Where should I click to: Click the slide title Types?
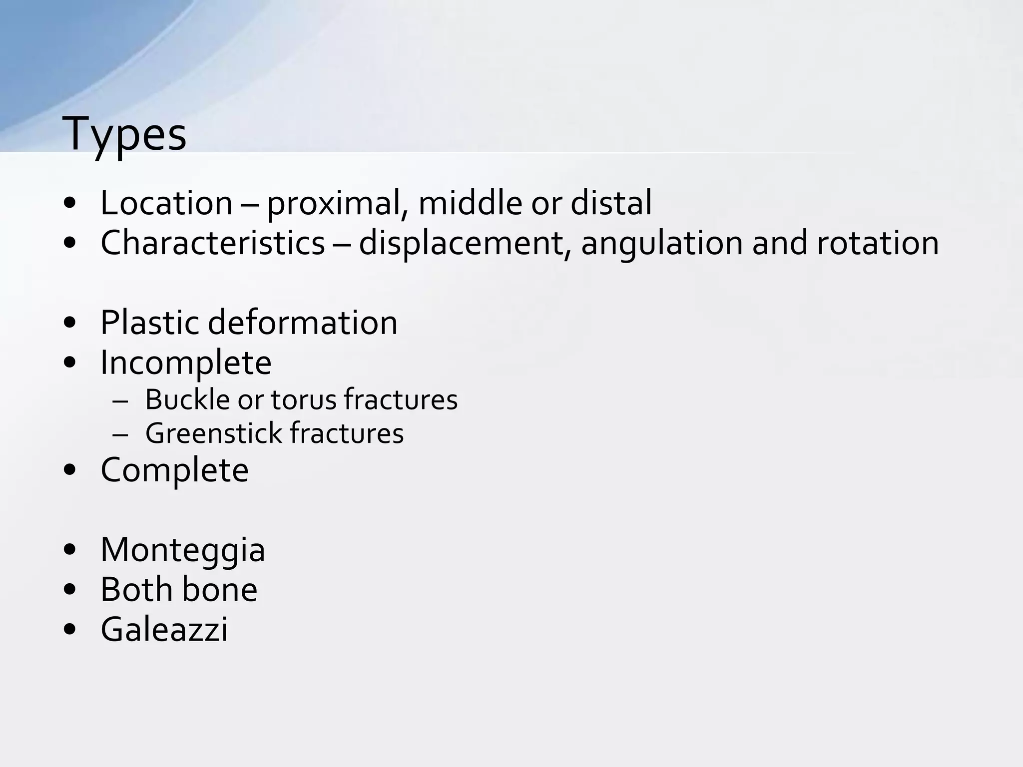(x=124, y=134)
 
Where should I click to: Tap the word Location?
(x=166, y=203)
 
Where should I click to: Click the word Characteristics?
(x=213, y=243)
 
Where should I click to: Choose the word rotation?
(x=878, y=243)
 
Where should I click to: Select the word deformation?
(x=303, y=323)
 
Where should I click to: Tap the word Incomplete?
(x=186, y=363)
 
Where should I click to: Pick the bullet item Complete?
(x=174, y=470)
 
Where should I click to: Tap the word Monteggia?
(x=183, y=550)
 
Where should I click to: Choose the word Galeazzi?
(x=164, y=630)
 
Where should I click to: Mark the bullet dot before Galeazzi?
(x=70, y=630)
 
